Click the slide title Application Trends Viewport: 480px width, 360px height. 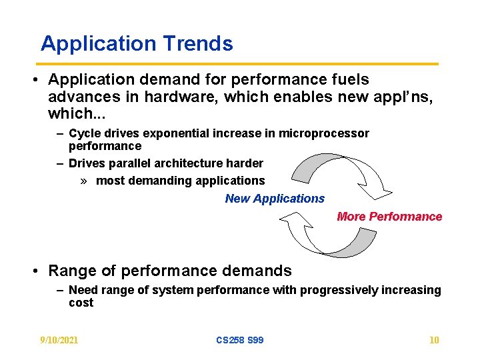pos(137,44)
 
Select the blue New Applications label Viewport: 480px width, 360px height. pos(275,199)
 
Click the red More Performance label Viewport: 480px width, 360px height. pos(389,217)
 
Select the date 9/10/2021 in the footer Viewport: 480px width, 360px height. pos(59,340)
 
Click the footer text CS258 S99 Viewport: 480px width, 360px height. pos(239,340)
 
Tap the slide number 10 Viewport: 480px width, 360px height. pos(434,340)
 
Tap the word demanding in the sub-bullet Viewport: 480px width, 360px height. pos(153,181)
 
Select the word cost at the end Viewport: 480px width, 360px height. pos(81,303)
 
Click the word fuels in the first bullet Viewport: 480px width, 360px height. pos(350,80)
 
